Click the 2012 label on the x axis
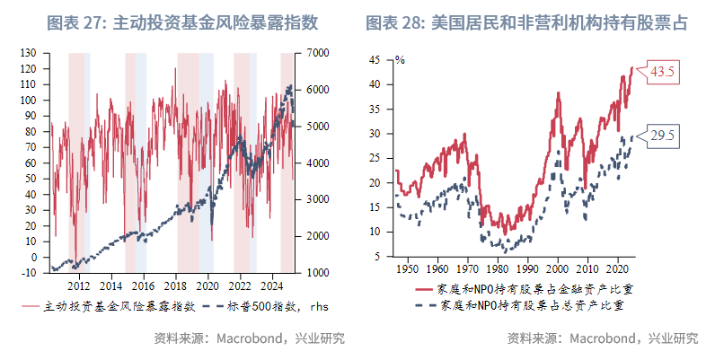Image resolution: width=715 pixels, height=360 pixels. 78,285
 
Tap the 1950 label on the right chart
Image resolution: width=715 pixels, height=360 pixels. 407,268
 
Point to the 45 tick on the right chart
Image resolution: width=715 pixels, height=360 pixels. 384,60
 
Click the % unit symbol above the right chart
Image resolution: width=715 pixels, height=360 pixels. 400,60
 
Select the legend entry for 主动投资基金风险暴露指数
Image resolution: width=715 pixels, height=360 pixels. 108,306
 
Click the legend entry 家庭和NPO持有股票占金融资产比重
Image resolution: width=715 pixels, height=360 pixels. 526,289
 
